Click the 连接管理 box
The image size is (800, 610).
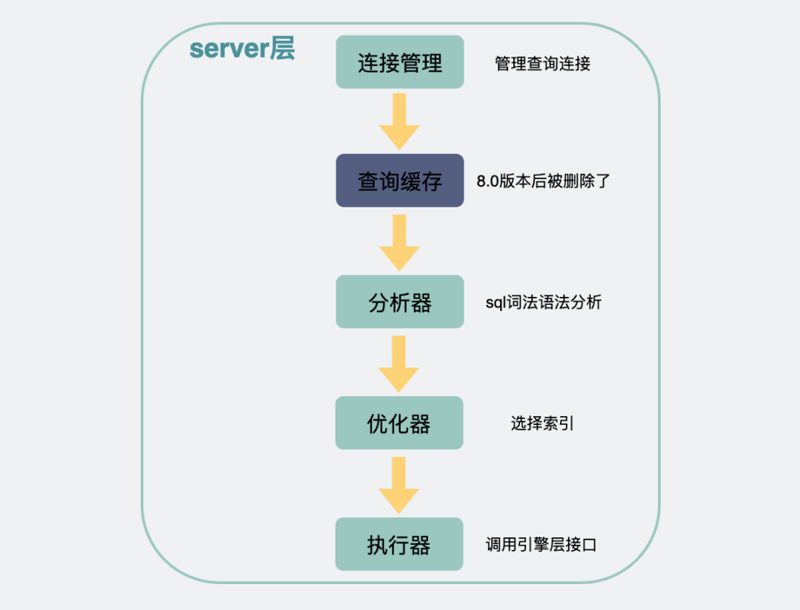[399, 62]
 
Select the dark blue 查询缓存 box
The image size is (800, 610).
[399, 181]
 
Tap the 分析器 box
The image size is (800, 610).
[399, 302]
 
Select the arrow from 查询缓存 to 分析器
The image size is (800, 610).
[399, 242]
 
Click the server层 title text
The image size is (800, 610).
[242, 49]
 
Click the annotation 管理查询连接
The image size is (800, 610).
[542, 64]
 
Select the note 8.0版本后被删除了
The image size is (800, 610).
[543, 181]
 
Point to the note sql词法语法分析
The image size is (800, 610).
[543, 303]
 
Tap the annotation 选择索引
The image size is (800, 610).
[542, 424]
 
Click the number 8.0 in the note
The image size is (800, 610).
[488, 181]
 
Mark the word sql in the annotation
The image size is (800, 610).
[494, 303]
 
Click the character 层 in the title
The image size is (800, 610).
[281, 49]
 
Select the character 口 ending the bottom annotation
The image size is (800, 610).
[590, 546]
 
